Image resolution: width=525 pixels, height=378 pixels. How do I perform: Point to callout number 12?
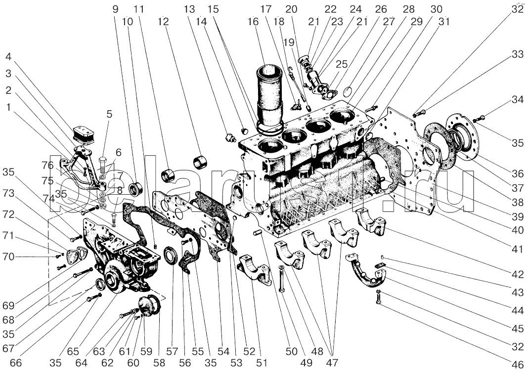point(163,22)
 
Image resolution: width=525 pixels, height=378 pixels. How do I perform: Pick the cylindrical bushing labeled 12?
point(201,162)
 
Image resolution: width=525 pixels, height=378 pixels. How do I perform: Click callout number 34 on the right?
point(517,100)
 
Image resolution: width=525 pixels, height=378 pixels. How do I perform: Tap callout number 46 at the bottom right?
point(517,366)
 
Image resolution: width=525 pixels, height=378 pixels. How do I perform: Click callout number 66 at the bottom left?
point(16,363)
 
